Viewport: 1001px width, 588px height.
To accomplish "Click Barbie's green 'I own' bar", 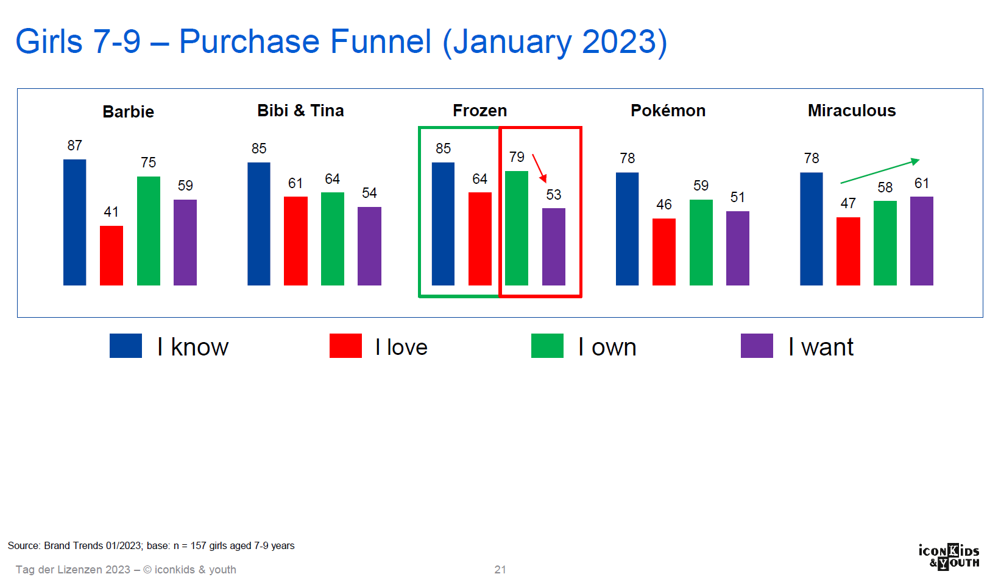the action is click(x=149, y=231).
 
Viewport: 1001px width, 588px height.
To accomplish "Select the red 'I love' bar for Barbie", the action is click(x=111, y=256).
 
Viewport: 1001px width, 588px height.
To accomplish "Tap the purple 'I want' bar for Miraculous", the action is click(x=921, y=241).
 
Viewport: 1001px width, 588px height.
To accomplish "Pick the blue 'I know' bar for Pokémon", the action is click(x=627, y=229).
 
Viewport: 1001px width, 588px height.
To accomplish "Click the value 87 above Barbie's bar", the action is click(x=74, y=145).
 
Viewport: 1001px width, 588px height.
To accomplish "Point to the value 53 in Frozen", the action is click(x=554, y=195).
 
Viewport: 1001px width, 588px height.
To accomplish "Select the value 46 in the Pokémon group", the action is click(x=664, y=205).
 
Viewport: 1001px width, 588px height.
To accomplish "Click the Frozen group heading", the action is click(x=480, y=110).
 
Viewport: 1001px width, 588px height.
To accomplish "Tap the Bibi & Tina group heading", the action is click(x=300, y=110).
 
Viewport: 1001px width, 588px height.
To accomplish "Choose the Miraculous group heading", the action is click(x=852, y=110).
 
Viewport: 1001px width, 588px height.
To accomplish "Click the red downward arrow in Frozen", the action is click(x=539, y=169).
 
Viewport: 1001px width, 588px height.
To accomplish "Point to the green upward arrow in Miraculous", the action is click(x=880, y=171).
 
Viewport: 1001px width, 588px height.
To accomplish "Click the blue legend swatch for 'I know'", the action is click(x=126, y=346).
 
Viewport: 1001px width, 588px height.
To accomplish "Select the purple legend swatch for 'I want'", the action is click(x=757, y=346).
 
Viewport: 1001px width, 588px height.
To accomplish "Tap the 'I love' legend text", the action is click(x=401, y=347).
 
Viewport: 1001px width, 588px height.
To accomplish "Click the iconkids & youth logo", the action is click(x=949, y=557).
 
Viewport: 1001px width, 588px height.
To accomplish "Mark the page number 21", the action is click(x=500, y=570).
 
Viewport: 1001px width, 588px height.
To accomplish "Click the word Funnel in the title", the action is click(x=381, y=41).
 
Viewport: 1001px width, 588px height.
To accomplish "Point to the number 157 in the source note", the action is click(x=198, y=545).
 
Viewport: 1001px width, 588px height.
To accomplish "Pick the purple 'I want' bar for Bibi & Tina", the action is click(x=369, y=246).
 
